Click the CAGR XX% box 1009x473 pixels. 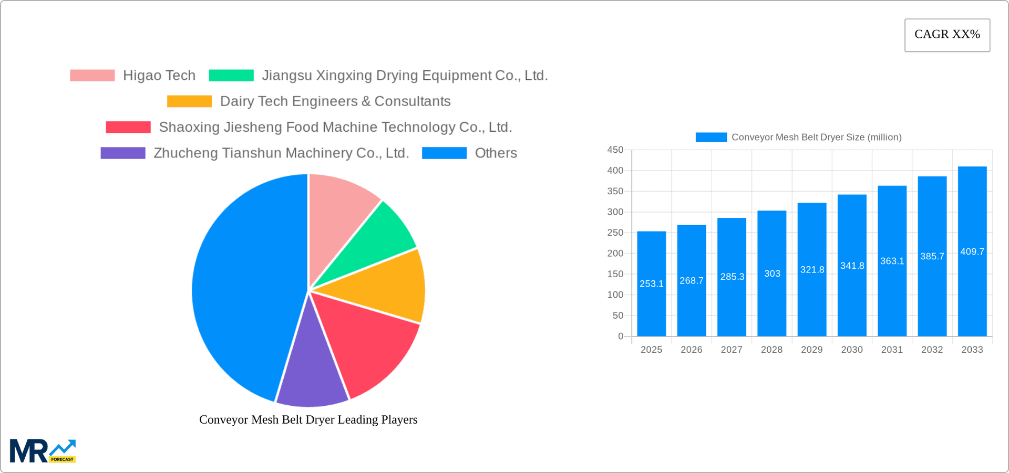(947, 35)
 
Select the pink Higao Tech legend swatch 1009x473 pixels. (92, 76)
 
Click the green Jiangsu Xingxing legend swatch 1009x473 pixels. (231, 76)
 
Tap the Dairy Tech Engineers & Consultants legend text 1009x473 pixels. (335, 101)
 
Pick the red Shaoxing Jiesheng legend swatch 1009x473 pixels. (128, 127)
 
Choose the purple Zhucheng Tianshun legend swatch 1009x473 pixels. (123, 153)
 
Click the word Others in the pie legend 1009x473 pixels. (496, 153)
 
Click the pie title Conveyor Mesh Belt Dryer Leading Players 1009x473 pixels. (308, 419)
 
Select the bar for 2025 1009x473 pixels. (651, 283)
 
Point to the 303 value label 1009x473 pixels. (772, 274)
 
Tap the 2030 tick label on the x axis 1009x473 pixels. (852, 350)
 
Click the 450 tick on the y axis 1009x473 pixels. (615, 150)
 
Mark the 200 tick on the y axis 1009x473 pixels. (615, 254)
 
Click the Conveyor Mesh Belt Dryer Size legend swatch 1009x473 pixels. (711, 137)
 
